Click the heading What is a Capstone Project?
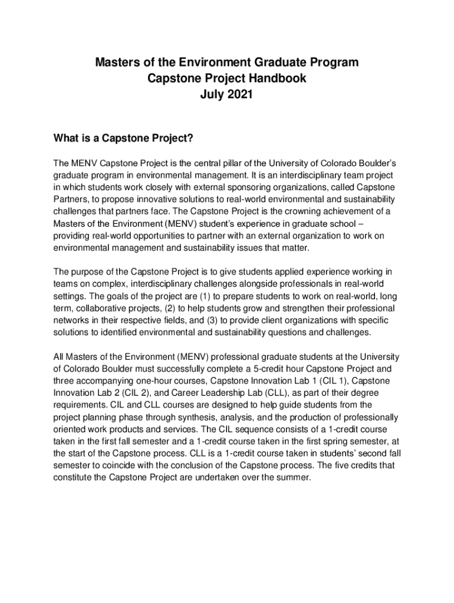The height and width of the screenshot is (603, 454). pos(124,139)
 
